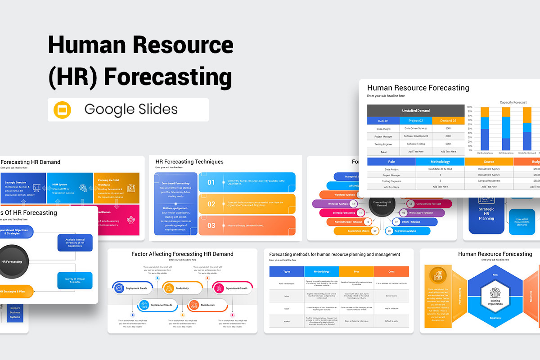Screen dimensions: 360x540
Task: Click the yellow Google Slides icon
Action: click(x=63, y=110)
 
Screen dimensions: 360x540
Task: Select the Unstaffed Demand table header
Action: click(x=415, y=110)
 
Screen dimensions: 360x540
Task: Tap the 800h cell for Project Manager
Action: click(x=448, y=136)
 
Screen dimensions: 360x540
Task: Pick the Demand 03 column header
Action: click(x=448, y=121)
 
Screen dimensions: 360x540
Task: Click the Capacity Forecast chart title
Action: click(x=513, y=103)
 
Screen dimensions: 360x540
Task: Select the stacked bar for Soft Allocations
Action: click(x=506, y=129)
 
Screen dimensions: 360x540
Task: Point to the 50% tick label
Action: click(x=469, y=129)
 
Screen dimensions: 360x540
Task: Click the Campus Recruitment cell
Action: click(x=489, y=180)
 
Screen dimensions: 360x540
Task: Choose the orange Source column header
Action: click(x=489, y=162)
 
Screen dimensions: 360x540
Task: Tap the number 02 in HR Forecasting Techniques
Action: click(x=211, y=204)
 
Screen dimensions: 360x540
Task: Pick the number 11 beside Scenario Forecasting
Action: click(x=360, y=212)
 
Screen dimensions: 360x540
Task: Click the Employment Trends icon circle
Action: click(x=119, y=288)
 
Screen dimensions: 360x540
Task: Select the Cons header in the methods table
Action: click(x=391, y=271)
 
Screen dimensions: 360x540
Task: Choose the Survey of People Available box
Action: click(x=75, y=281)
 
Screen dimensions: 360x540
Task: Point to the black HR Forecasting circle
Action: click(x=11, y=261)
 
